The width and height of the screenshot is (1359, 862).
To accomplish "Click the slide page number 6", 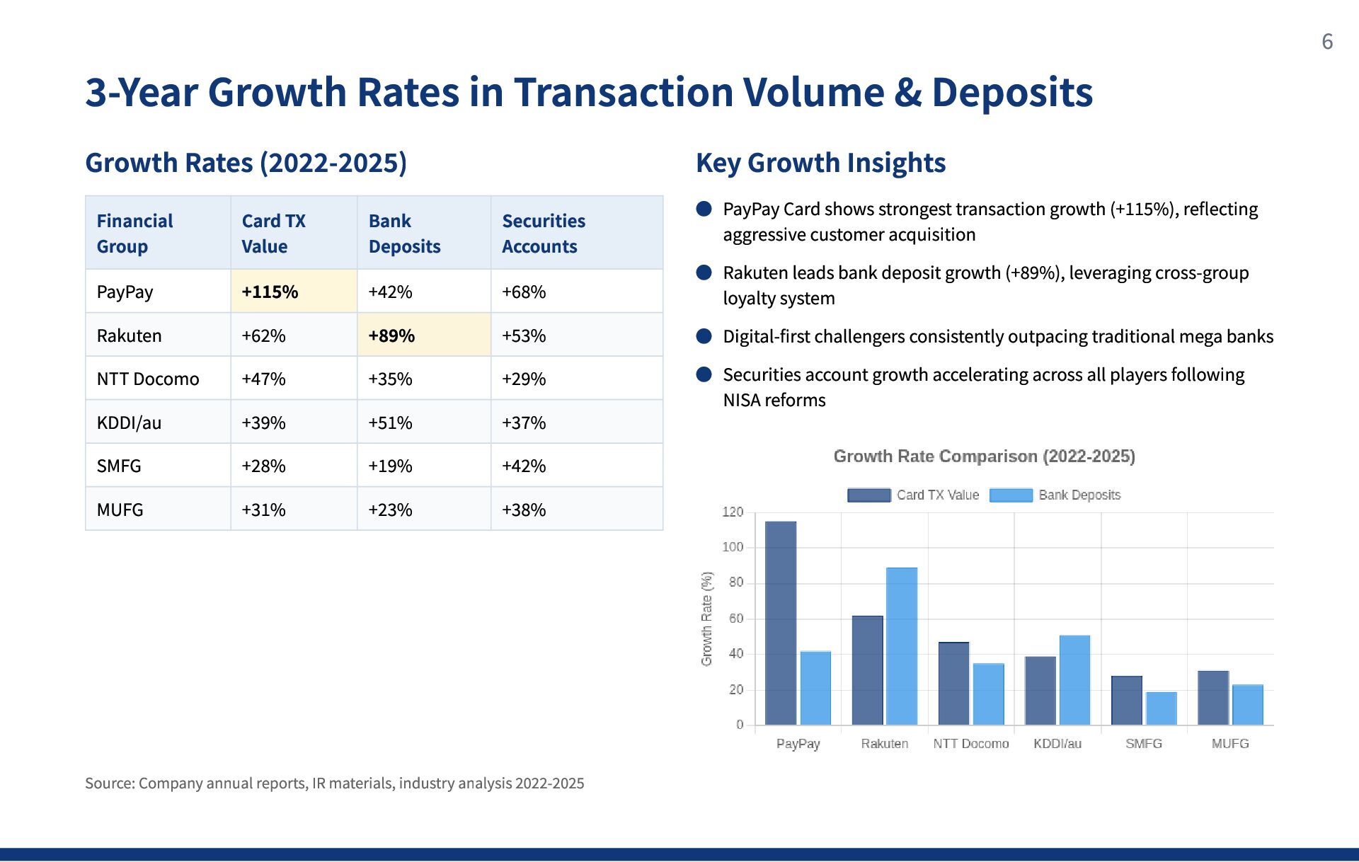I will click(x=1327, y=42).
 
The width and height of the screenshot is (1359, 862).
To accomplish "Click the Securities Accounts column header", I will click(x=544, y=234).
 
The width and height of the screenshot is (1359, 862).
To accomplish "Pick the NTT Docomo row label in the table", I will click(x=148, y=379).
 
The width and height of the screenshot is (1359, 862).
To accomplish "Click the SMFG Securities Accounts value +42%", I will click(x=524, y=466).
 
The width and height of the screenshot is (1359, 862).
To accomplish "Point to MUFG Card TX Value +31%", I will click(x=263, y=510).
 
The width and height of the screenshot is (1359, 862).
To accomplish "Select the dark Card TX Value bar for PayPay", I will click(x=781, y=623).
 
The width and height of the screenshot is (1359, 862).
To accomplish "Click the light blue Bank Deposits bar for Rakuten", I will click(x=902, y=646).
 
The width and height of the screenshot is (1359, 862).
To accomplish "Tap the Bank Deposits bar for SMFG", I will click(x=1162, y=708).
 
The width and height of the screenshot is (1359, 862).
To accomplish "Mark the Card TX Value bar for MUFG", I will click(x=1213, y=698).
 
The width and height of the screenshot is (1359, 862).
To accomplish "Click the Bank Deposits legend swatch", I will click(x=1011, y=495).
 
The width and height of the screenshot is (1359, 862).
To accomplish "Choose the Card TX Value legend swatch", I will click(x=869, y=495).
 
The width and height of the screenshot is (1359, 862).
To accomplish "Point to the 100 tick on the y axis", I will click(x=733, y=547).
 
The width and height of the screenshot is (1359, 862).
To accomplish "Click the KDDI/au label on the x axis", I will click(x=1057, y=744).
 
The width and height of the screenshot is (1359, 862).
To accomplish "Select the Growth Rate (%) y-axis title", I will click(x=706, y=619).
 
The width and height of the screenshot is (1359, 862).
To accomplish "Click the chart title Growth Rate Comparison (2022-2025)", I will click(x=984, y=456).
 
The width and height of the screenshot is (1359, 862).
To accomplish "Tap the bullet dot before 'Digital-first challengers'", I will click(x=704, y=336).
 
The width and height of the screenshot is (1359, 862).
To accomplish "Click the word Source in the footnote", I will click(x=108, y=783).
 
